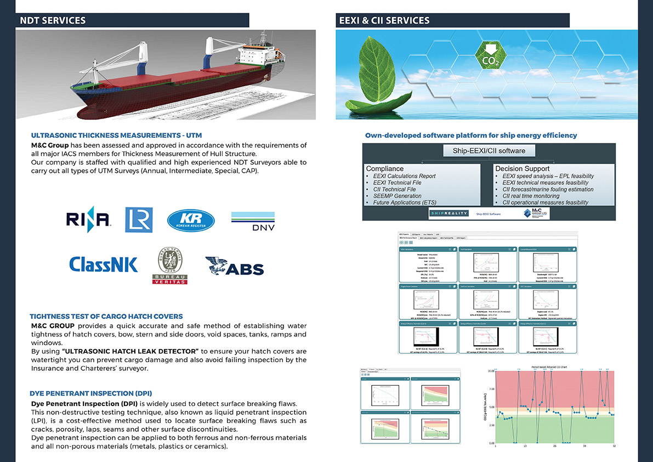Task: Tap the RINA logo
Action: (89, 220)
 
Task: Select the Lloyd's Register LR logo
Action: (139, 220)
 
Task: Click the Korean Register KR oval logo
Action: (191, 220)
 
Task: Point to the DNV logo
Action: (253, 221)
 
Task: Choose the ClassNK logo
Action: (103, 264)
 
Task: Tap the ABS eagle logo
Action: (235, 267)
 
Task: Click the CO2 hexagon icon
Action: (490, 55)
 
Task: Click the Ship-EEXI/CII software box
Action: (489, 151)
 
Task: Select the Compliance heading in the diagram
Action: (385, 168)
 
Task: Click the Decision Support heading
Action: (522, 168)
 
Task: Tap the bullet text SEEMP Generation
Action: (397, 196)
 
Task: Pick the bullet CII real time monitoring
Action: (531, 196)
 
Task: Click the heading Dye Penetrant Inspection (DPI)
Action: (91, 393)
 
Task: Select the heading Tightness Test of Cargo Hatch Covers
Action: (106, 316)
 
